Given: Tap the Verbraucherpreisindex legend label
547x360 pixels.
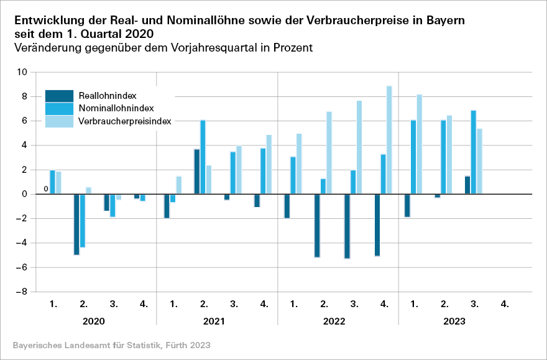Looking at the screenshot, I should [125, 121].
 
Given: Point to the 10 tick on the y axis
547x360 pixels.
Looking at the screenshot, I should [23, 72].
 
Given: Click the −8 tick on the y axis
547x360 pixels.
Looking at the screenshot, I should [22, 292].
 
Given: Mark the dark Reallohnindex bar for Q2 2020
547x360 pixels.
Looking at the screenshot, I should [76, 224].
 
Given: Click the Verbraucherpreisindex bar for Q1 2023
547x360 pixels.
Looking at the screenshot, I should [420, 144].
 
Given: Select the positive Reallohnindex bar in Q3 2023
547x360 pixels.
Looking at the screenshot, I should [467, 185].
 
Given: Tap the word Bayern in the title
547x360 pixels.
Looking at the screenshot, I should [443, 20].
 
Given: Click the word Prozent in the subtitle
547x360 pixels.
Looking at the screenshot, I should [291, 47].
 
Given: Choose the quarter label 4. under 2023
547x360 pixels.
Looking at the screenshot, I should [505, 304].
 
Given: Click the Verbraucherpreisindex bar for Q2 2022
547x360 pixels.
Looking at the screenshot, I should [329, 153].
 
